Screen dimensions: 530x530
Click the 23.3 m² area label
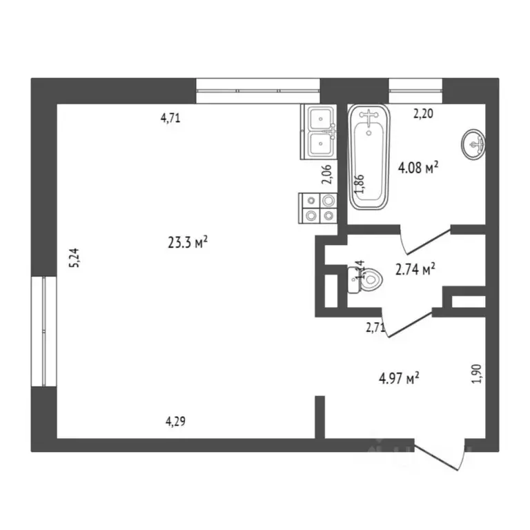(x=188, y=242)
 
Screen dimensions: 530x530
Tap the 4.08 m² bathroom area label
(x=419, y=168)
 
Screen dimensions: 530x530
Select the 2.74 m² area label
(x=415, y=270)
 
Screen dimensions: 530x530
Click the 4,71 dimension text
(x=170, y=117)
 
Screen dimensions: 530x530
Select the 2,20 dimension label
(x=423, y=115)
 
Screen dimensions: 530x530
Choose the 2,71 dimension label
(x=375, y=328)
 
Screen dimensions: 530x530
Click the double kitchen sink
(x=319, y=132)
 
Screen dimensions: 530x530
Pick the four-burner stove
(x=319, y=208)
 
